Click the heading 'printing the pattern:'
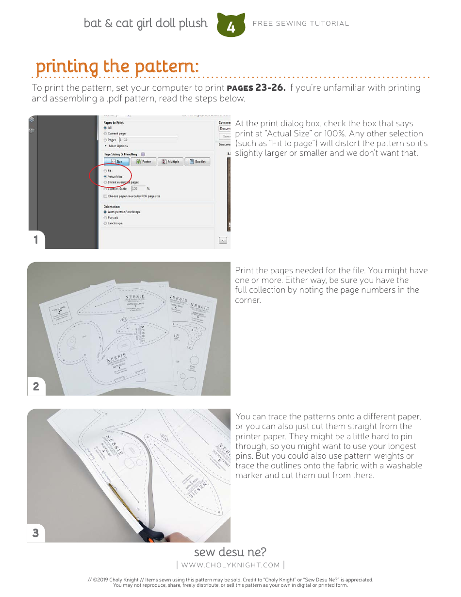tap(117, 66)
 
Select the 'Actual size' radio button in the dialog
tap(105, 177)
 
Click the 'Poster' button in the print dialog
tap(143, 162)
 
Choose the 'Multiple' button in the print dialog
tap(170, 162)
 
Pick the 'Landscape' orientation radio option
tap(105, 223)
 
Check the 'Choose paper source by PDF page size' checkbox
tap(105, 196)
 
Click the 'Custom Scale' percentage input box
tap(138, 188)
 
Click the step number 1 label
tap(36, 240)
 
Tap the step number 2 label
tap(36, 386)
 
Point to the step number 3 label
tap(36, 533)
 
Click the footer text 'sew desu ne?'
tap(230, 552)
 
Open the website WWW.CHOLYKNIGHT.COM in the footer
tap(230, 565)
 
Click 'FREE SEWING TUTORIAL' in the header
tap(301, 23)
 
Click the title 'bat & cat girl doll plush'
tap(146, 23)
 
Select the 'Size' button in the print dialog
tap(116, 162)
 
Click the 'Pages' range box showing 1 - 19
tap(148, 140)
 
